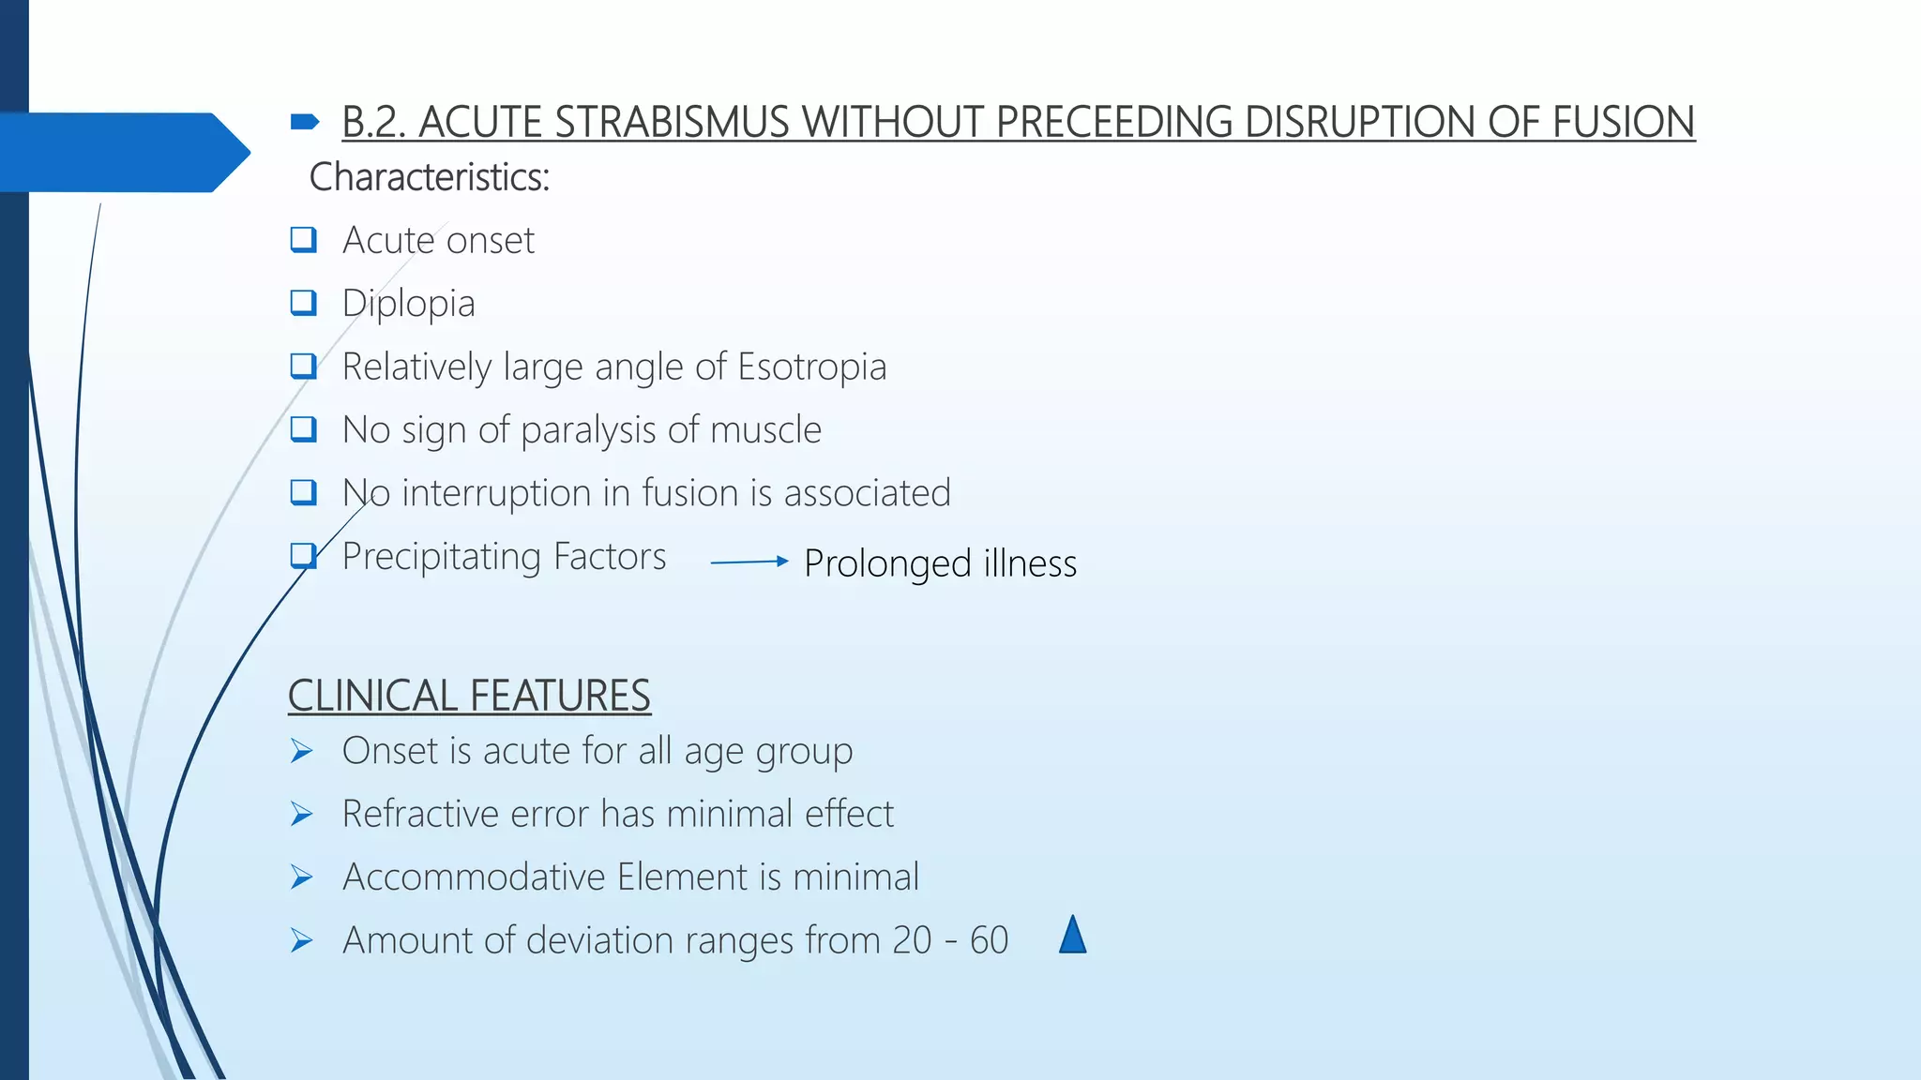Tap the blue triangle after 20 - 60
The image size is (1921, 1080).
[1072, 936]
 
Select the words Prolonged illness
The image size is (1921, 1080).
[940, 563]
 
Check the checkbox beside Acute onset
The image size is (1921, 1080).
[303, 240]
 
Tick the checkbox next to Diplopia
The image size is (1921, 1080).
[303, 303]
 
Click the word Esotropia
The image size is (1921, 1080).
[811, 367]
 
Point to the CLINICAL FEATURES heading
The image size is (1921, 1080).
[469, 696]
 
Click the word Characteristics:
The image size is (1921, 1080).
[430, 177]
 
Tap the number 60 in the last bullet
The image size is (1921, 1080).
[989, 940]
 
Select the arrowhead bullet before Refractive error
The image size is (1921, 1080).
[301, 814]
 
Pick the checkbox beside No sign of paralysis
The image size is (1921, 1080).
[303, 429]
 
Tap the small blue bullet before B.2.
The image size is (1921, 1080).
[305, 121]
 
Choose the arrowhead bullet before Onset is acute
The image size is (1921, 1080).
[301, 751]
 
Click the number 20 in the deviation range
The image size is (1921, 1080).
[912, 940]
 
